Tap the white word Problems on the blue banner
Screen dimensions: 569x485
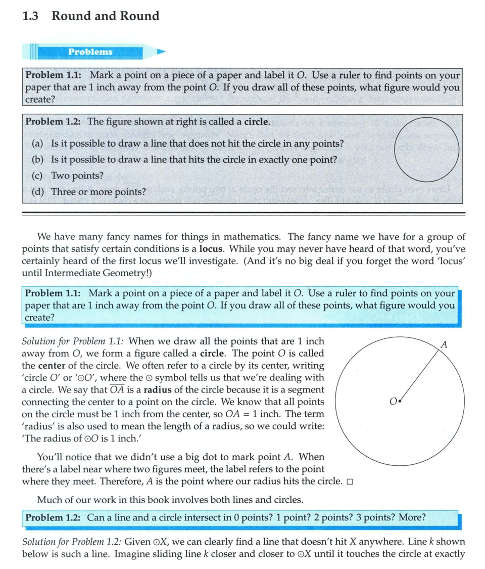[90, 52]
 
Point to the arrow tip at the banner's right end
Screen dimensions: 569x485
[163, 52]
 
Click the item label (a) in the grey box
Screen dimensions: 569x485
[38, 144]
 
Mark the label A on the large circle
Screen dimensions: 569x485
[444, 345]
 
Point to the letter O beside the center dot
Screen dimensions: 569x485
[393, 402]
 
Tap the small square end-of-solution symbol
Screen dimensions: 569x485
[349, 482]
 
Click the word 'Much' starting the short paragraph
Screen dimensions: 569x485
[48, 501]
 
